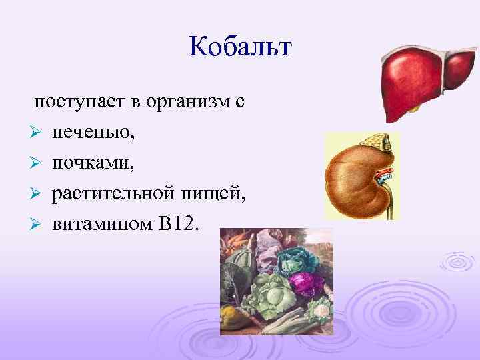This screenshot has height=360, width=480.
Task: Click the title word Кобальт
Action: [x=241, y=47]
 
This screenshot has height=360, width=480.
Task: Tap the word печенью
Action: [x=93, y=133]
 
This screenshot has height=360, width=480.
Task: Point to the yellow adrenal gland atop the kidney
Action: [x=377, y=141]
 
